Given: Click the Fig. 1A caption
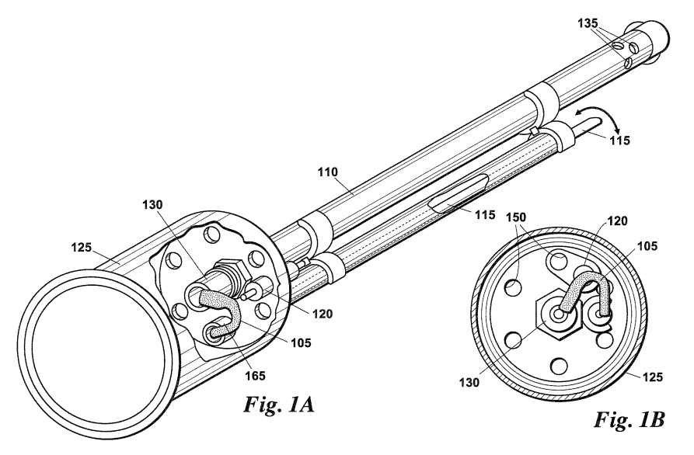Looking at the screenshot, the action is coord(279,405).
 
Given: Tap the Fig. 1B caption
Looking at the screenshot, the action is coord(629,419).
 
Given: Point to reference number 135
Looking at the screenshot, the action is coord(588,23).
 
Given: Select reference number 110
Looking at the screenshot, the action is coord(327,172).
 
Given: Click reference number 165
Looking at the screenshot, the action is coord(256,375).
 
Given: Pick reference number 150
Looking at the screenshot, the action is coord(516,217).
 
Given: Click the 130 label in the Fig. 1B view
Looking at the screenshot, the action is coord(469,382).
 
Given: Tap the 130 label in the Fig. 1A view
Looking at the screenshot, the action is coord(152,205).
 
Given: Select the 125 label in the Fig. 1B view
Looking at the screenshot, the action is coord(653,377).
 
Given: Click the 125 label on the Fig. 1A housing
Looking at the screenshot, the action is coord(82,247).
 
